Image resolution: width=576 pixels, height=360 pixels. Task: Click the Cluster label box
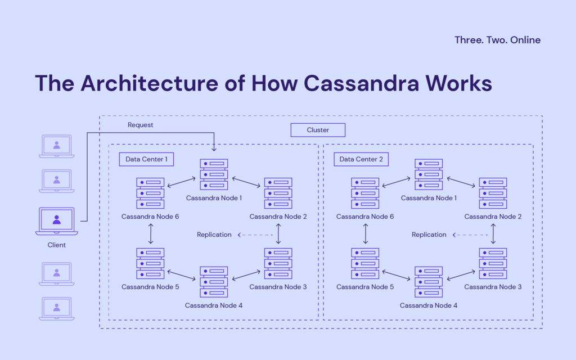click(318, 130)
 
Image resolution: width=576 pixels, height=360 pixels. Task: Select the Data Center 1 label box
click(146, 159)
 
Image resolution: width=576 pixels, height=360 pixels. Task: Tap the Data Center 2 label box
click(361, 159)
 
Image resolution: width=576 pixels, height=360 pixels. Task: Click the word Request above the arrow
click(140, 125)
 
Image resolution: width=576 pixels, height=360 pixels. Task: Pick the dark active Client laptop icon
click(57, 221)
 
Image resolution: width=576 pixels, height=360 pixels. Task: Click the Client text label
click(57, 245)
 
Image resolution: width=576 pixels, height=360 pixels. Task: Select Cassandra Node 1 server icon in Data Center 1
click(214, 174)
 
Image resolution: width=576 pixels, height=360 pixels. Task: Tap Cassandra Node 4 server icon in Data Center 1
click(214, 282)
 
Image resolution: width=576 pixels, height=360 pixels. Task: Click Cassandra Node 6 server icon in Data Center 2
click(365, 193)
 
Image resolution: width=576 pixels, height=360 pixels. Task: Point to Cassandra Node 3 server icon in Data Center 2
click(493, 263)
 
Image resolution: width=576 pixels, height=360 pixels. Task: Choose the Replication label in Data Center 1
click(214, 235)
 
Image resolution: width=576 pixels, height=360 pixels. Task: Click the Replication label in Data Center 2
click(429, 235)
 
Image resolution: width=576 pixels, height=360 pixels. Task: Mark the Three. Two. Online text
click(497, 40)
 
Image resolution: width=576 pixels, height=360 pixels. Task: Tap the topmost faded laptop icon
click(57, 146)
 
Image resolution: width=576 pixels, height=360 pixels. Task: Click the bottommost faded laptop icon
click(57, 309)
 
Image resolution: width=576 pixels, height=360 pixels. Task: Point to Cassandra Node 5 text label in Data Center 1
click(150, 287)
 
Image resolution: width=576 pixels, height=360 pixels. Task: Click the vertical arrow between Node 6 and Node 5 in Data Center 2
click(366, 233)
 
